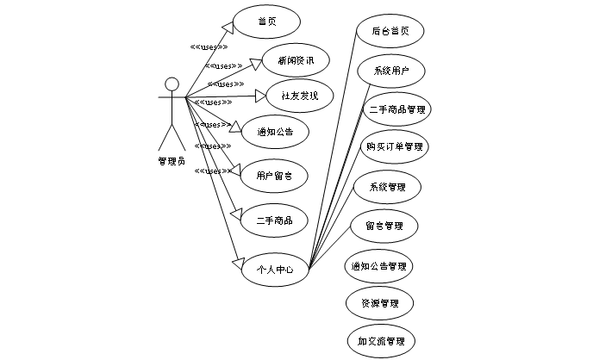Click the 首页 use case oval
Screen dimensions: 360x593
coord(267,22)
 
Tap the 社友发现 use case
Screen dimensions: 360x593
coord(293,96)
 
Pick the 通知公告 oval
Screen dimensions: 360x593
coord(274,133)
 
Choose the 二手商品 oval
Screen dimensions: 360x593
coord(275,220)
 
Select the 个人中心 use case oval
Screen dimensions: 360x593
coord(275,269)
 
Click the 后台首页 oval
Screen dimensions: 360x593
coord(390,31)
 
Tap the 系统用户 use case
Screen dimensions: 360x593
coord(390,71)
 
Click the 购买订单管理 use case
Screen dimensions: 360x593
coord(394,147)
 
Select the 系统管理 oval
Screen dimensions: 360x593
coord(387,187)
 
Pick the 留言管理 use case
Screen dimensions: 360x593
coord(384,226)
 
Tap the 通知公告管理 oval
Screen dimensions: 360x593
coord(379,266)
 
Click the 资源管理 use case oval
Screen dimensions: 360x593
coord(379,303)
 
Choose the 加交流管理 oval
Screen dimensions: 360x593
coord(381,341)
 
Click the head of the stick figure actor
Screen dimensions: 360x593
coord(172,84)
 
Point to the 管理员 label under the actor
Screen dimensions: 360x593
coord(172,159)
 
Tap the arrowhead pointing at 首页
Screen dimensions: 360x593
coord(225,26)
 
